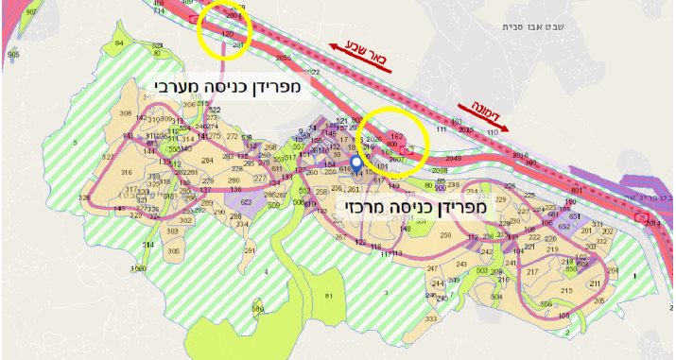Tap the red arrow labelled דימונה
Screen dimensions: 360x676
[482, 116]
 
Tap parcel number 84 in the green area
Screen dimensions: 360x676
[118, 44]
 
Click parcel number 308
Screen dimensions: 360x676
[125, 113]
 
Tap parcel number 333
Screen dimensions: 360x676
[430, 320]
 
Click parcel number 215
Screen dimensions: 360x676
[567, 290]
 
